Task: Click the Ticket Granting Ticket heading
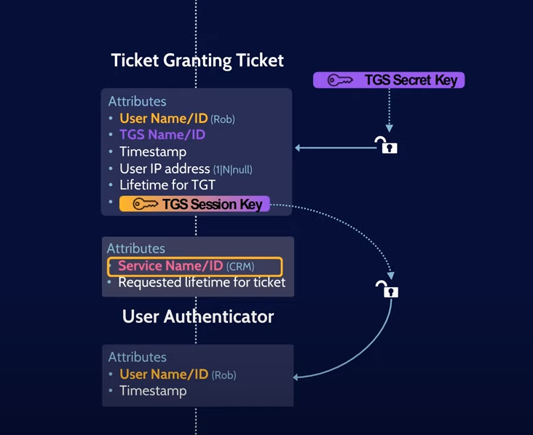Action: [x=197, y=60]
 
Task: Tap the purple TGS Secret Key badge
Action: [x=389, y=80]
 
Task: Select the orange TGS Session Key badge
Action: [x=194, y=204]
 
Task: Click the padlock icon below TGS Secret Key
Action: [x=386, y=145]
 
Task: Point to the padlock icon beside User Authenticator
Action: [x=387, y=289]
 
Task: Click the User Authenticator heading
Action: [x=198, y=316]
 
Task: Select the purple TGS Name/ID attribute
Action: [x=162, y=135]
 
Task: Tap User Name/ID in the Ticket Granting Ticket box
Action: [x=164, y=118]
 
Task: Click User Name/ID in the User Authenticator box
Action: [x=164, y=375]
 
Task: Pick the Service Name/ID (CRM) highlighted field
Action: [x=194, y=267]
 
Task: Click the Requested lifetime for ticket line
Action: [x=202, y=283]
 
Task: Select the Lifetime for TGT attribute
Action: [x=167, y=185]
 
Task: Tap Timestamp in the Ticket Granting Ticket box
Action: [x=153, y=152]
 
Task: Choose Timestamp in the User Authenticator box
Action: [x=153, y=391]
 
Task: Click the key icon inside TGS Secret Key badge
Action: [x=340, y=80]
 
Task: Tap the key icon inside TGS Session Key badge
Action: [x=145, y=205]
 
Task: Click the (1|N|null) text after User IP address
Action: [x=232, y=170]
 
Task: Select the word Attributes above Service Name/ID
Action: [x=136, y=248]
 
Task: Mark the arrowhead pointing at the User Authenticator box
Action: [x=297, y=377]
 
